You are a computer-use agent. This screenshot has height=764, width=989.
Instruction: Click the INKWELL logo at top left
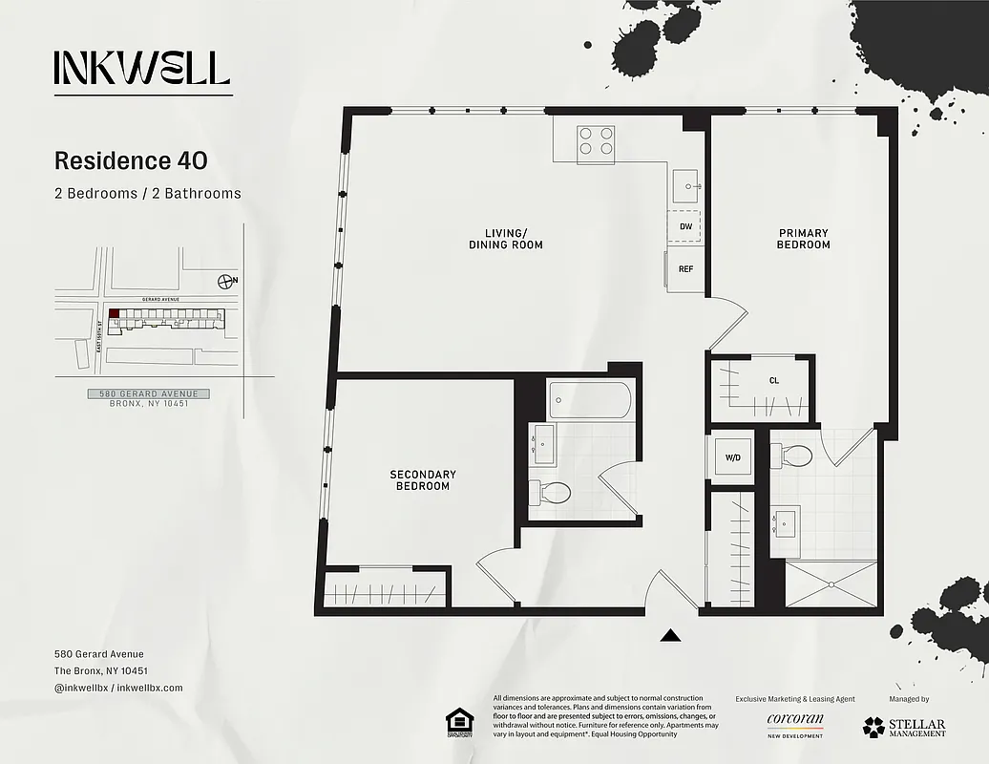pyautogui.click(x=142, y=68)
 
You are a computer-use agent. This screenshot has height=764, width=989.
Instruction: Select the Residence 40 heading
pyautogui.click(x=131, y=160)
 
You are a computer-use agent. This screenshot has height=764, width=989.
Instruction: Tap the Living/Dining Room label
pyautogui.click(x=505, y=239)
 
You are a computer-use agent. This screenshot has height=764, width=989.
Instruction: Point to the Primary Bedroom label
pyautogui.click(x=803, y=239)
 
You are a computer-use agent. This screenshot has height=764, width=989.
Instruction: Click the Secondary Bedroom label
pyautogui.click(x=422, y=480)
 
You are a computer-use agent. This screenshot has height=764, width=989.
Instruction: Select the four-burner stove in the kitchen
pyautogui.click(x=596, y=141)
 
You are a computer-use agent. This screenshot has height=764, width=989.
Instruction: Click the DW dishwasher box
pyautogui.click(x=684, y=226)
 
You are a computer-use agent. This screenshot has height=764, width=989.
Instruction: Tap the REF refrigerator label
pyautogui.click(x=685, y=269)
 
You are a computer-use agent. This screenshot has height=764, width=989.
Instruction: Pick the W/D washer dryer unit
pyautogui.click(x=732, y=457)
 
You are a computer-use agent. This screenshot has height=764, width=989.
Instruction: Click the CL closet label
pyautogui.click(x=773, y=380)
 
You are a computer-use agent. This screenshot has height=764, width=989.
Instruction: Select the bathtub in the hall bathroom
pyautogui.click(x=589, y=400)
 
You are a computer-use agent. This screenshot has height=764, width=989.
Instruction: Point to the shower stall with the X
pyautogui.click(x=831, y=584)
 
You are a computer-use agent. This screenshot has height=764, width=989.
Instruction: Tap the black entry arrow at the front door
pyautogui.click(x=671, y=635)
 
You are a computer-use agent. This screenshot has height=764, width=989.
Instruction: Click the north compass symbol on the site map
pyautogui.click(x=226, y=281)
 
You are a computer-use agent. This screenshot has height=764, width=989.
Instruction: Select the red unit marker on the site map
pyautogui.click(x=115, y=313)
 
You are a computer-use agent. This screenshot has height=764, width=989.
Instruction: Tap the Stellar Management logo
pyautogui.click(x=904, y=727)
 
